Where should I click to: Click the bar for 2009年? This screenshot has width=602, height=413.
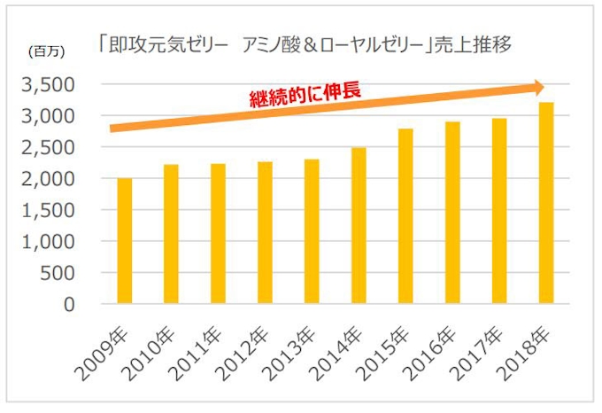coord(125,240)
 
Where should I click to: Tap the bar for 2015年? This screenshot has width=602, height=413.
coord(405,216)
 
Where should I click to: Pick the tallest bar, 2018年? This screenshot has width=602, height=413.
coord(546,203)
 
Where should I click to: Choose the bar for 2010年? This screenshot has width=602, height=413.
coord(172,234)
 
